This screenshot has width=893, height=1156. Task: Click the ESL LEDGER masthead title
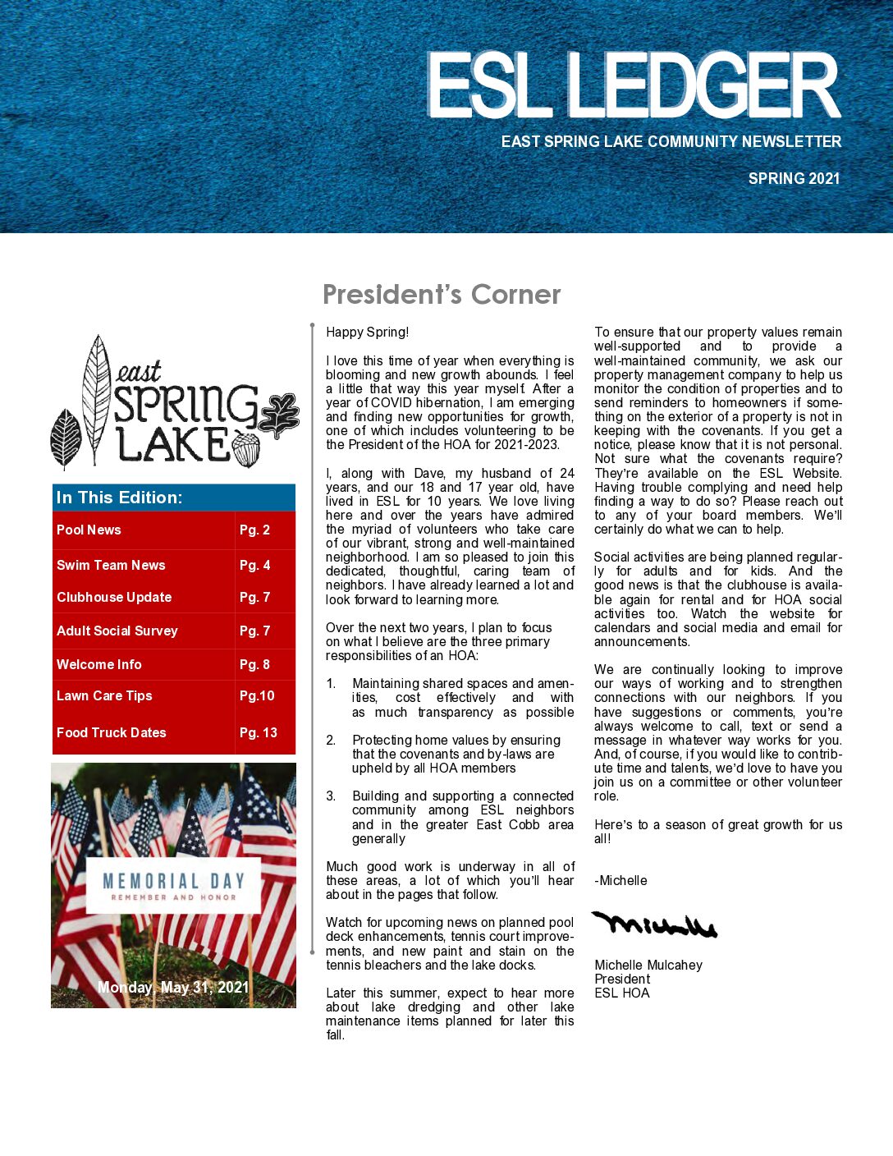(x=633, y=86)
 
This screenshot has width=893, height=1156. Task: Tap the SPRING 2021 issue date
(x=794, y=178)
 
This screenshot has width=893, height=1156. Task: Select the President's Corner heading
(x=442, y=294)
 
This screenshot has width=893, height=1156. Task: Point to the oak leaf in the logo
(x=279, y=415)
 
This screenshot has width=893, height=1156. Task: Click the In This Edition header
(x=120, y=498)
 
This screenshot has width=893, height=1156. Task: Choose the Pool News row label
(x=89, y=530)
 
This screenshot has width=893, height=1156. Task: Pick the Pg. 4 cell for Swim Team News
(x=254, y=565)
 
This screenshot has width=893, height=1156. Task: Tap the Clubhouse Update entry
(x=114, y=597)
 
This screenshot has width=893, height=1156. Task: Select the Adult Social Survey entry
(x=117, y=631)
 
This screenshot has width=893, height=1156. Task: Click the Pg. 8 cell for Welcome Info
(x=254, y=664)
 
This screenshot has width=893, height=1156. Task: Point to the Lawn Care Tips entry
(x=104, y=695)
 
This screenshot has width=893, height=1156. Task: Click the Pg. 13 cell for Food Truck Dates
(x=259, y=732)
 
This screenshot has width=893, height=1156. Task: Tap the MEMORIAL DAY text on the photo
(x=173, y=882)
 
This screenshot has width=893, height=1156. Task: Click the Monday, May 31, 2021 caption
(x=173, y=987)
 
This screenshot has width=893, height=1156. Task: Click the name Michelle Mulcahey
(x=648, y=965)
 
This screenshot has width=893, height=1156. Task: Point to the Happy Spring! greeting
(x=367, y=332)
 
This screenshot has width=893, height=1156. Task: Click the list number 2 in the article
(x=331, y=740)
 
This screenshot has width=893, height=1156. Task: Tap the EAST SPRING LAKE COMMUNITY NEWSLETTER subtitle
(x=671, y=141)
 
